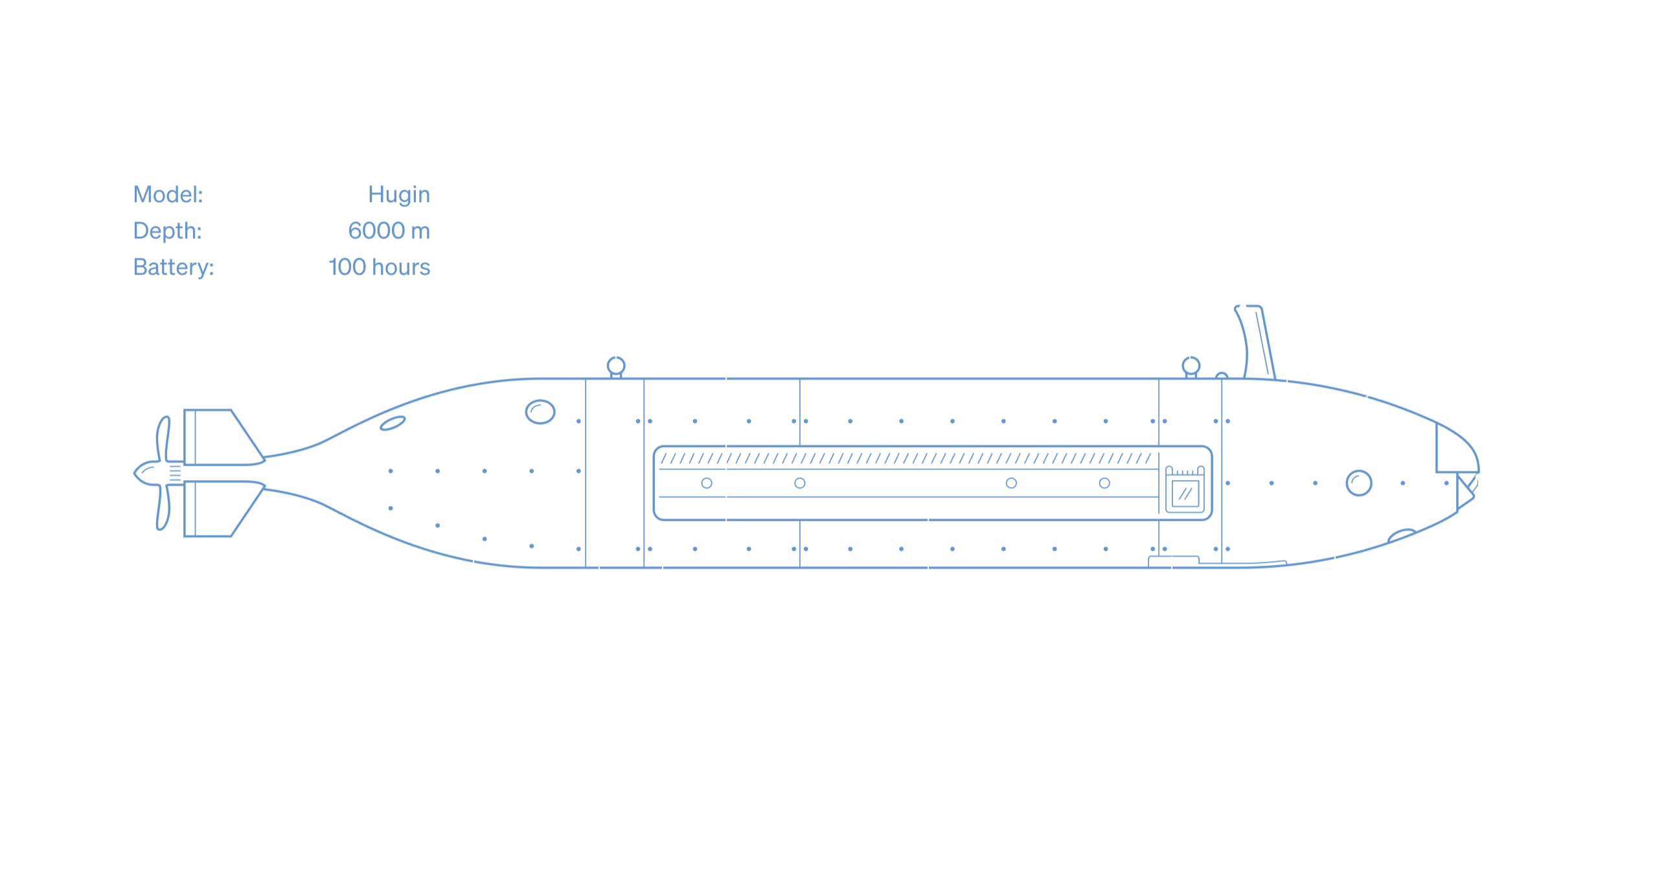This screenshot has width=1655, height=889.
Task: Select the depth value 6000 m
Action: [x=389, y=231]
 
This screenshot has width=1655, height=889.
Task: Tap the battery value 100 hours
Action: [x=379, y=268]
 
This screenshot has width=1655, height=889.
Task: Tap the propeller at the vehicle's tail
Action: [x=159, y=474]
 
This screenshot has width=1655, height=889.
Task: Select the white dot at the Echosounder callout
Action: [x=1172, y=560]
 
